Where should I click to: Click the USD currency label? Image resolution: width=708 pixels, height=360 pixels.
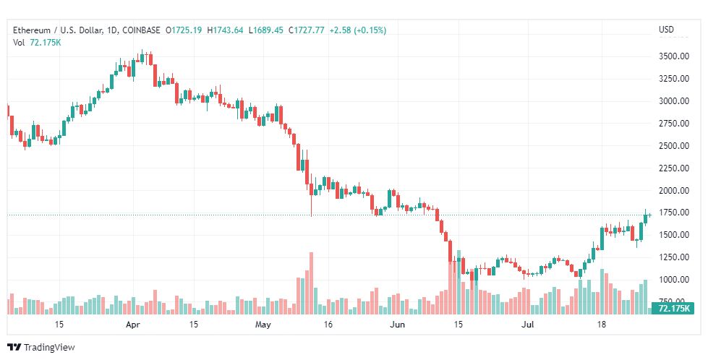click(666, 30)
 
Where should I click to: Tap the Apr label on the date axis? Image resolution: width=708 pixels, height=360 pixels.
click(132, 325)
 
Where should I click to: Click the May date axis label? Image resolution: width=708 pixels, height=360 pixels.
click(263, 325)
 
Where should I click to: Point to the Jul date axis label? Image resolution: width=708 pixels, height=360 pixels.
click(529, 325)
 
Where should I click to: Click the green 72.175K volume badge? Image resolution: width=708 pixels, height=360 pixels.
click(673, 309)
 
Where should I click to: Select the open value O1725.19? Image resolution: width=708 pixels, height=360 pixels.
click(184, 30)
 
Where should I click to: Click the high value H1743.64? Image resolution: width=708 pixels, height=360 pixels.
click(226, 30)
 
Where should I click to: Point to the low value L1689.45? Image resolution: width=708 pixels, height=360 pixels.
click(266, 30)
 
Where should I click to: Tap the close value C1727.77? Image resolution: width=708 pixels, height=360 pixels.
click(307, 30)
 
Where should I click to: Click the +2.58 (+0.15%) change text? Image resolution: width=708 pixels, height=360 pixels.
click(357, 30)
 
